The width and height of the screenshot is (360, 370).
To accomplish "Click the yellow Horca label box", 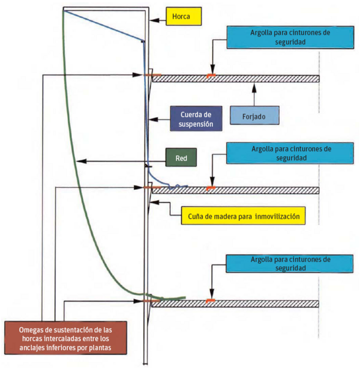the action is tap(184, 16).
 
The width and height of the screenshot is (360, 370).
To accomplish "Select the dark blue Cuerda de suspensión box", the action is tap(196, 119).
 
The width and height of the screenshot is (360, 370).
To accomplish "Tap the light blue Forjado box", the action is tap(254, 115).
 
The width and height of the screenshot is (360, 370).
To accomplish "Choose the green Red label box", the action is tap(181, 157).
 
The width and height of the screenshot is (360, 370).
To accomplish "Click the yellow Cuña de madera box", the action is tap(243, 216).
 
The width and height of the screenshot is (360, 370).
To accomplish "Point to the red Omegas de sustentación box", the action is tap(65, 338).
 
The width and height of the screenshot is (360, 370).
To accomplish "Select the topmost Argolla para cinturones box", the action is tap(290, 37).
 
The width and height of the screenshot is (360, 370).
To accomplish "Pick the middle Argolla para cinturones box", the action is tap(290, 153).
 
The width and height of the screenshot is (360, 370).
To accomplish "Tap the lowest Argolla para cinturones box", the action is tap(290, 264).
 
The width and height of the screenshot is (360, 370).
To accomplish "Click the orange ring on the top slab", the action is tap(211, 76).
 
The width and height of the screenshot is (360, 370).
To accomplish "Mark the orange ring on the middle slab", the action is tap(211, 188).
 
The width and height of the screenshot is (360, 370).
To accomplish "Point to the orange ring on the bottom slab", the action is tap(211, 300).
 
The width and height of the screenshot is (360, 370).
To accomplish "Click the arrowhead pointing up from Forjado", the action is tap(254, 87).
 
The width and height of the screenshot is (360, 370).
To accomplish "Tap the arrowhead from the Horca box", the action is tap(154, 20).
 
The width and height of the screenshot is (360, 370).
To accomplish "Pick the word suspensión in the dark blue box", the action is tap(196, 124).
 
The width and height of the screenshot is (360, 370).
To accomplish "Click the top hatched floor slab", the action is tap(236, 79).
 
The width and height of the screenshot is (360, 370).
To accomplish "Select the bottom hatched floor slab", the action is tap(235, 304).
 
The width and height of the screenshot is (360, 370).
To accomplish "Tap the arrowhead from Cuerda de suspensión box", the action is tap(154, 120).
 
